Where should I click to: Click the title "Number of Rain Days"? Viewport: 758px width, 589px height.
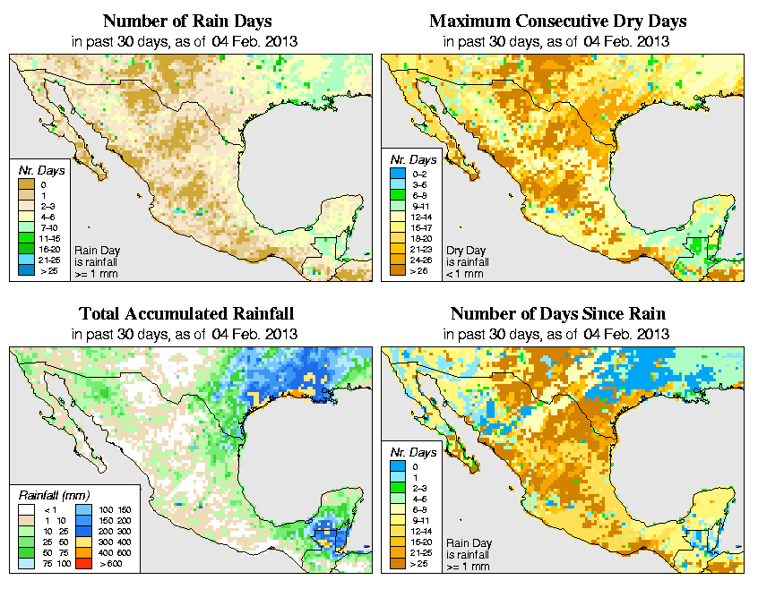pyautogui.click(x=186, y=21)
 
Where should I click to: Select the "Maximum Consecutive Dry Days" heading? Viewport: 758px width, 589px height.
pyautogui.click(x=558, y=21)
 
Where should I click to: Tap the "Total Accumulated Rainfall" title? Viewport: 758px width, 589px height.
pyautogui.click(x=186, y=314)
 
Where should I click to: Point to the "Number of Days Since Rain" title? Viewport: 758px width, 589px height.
pyautogui.click(x=558, y=314)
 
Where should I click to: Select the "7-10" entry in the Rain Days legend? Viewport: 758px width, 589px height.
pyautogui.click(x=43, y=227)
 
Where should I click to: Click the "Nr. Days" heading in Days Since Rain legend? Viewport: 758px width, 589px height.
pyautogui.click(x=418, y=453)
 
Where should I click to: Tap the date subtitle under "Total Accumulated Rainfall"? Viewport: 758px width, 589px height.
pyautogui.click(x=186, y=334)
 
